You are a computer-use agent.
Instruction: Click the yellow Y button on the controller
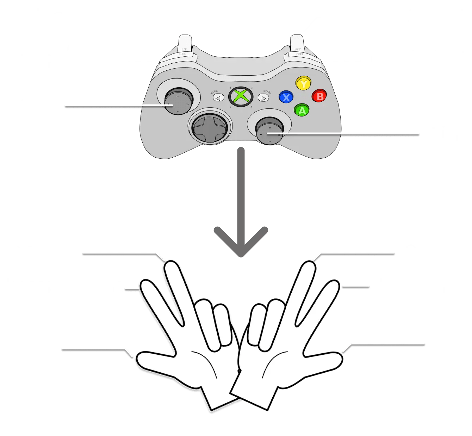click(x=303, y=84)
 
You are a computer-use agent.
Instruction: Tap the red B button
click(x=319, y=96)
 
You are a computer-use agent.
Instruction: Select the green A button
click(x=302, y=110)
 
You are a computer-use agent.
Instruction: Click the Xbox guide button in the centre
click(x=241, y=96)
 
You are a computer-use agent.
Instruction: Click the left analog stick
click(x=179, y=101)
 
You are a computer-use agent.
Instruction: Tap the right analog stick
click(x=269, y=131)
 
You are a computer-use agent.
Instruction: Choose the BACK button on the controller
click(x=218, y=98)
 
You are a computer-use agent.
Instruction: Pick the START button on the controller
click(x=263, y=98)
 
